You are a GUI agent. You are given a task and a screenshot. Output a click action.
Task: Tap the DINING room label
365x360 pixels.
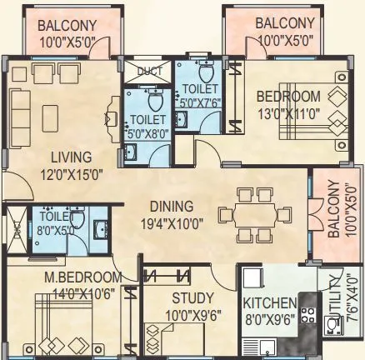pyautogui.click(x=172, y=207)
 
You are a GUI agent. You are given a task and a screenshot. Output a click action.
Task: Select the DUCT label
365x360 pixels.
pyautogui.click(x=150, y=71)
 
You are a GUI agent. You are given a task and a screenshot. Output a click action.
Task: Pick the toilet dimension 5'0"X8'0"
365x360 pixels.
pyautogui.click(x=145, y=130)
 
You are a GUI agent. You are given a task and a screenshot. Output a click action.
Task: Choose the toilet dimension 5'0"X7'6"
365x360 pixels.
pyautogui.click(x=200, y=104)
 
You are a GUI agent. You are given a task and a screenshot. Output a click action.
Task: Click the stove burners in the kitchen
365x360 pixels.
pyautogui.click(x=307, y=317)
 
